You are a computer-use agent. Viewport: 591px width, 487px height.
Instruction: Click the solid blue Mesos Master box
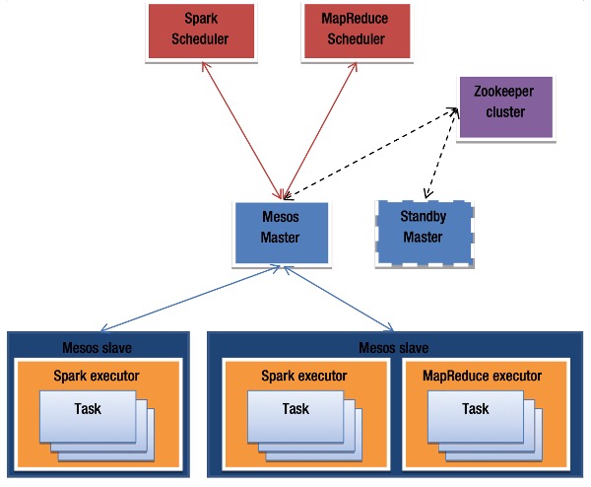[266, 232]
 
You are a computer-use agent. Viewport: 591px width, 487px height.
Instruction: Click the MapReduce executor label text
[482, 376]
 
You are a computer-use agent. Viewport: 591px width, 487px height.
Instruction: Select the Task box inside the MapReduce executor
[474, 409]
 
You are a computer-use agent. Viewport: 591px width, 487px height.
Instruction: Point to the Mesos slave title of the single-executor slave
[98, 347]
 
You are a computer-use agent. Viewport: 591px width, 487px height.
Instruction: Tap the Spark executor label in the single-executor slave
[98, 376]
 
